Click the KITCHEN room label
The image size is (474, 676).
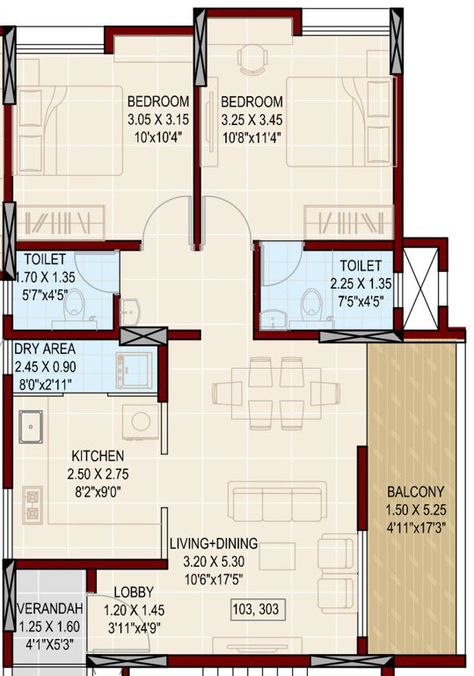coord(98,456)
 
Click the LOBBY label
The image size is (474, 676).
coord(134,592)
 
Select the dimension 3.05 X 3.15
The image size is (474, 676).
coord(157,118)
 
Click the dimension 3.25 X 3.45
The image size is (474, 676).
coord(252,118)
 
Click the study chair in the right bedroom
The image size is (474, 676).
coord(250,55)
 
